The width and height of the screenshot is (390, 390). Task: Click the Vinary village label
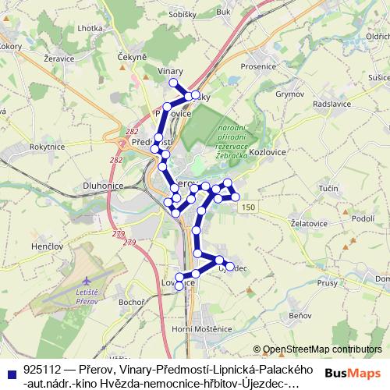tap(170, 71)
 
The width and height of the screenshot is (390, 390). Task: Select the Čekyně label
tap(132, 57)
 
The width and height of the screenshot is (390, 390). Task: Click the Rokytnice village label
tap(46, 146)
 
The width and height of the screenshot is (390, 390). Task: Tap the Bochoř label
tap(129, 301)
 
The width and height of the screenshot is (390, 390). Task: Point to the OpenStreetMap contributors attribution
tap(316, 349)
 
